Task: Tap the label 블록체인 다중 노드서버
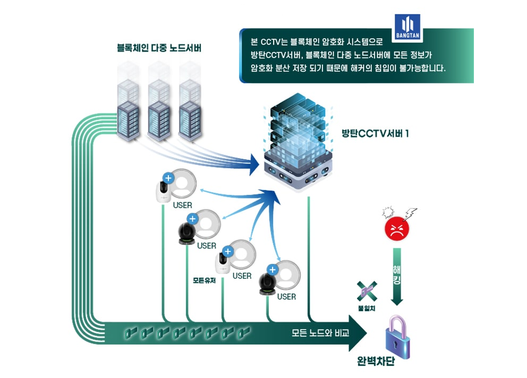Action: (159, 48)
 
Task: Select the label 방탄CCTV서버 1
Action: (376, 134)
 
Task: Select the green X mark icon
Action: (367, 291)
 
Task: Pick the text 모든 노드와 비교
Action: (320, 333)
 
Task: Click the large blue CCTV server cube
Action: (297, 141)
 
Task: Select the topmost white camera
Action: (161, 191)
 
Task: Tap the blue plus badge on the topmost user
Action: (168, 178)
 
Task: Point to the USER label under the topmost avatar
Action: (182, 205)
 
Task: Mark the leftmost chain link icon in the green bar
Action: (130, 333)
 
